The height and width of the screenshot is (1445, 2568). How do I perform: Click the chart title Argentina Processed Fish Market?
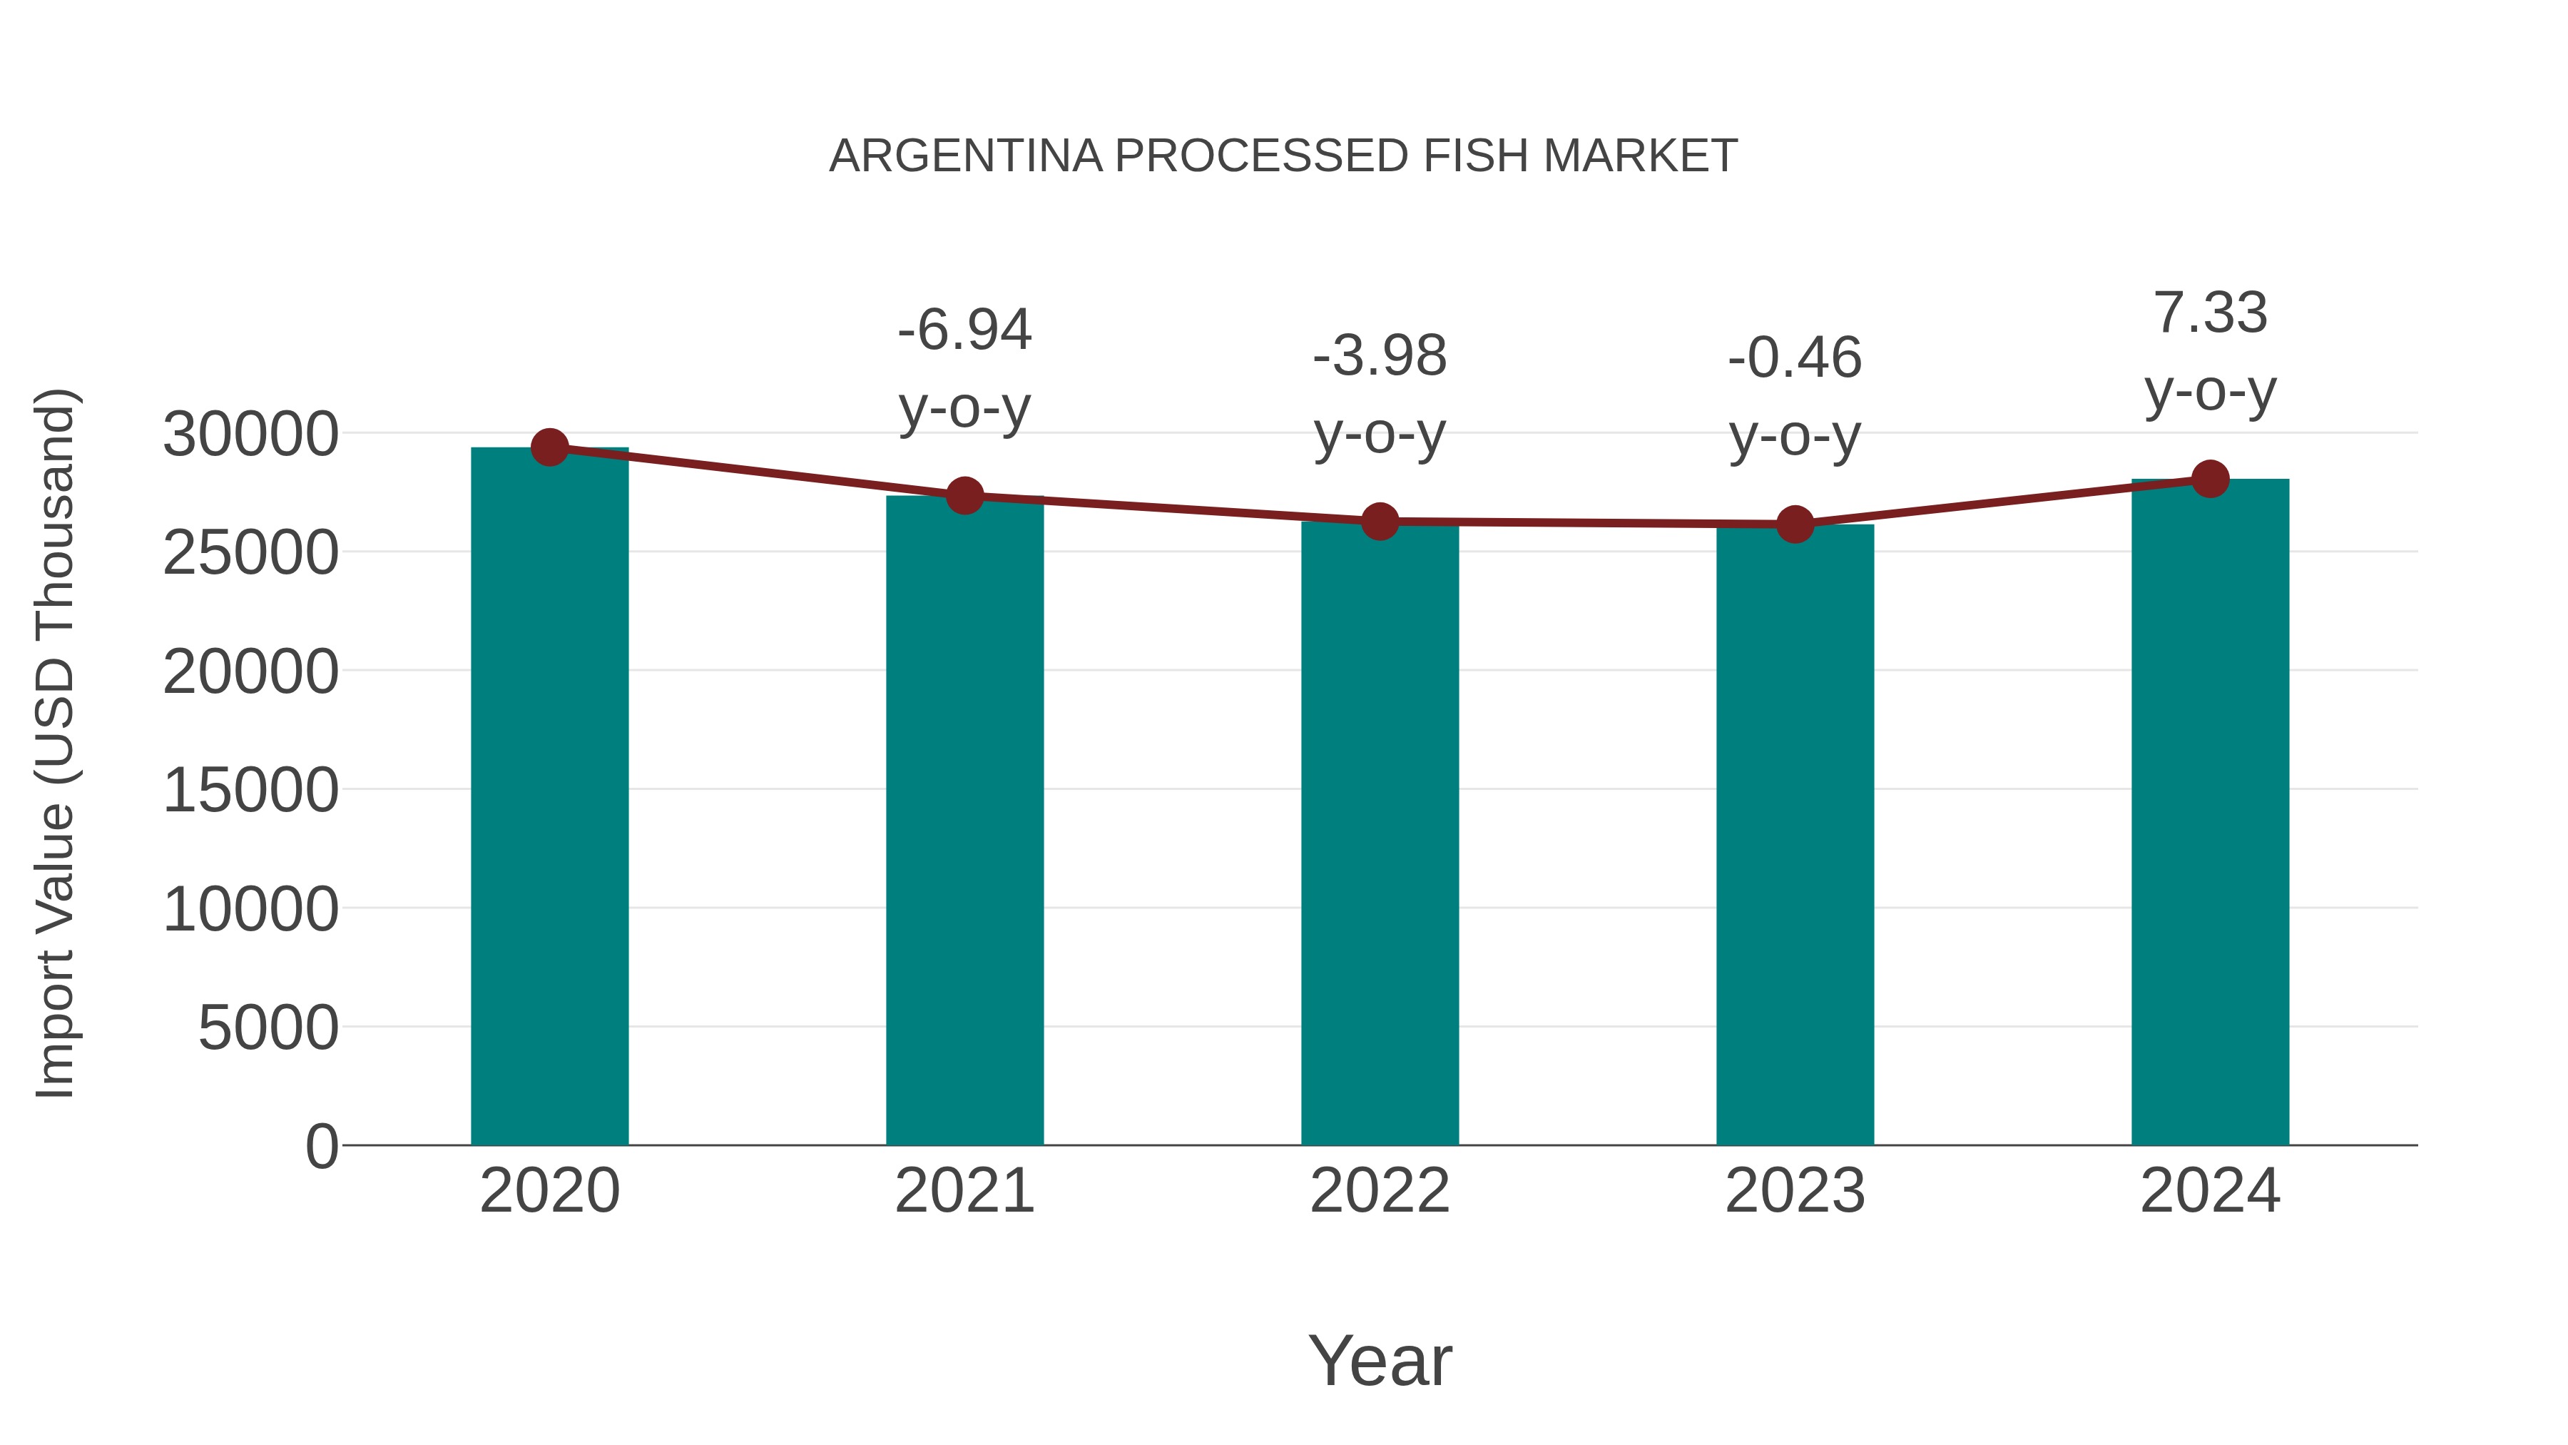[1283, 156]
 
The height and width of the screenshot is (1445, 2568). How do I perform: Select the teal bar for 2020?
[549, 798]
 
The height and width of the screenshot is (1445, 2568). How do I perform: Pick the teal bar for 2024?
[2210, 813]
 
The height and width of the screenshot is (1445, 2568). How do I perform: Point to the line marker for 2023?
[1795, 524]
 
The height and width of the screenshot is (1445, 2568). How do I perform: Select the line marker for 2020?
[549, 447]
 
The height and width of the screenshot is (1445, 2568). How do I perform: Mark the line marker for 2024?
[2210, 479]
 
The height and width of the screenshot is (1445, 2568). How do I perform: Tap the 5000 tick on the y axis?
[268, 1028]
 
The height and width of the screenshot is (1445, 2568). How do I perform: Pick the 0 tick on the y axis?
[322, 1147]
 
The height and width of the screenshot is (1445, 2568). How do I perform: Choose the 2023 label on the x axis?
[1795, 1192]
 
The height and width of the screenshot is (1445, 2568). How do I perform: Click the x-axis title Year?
[1380, 1362]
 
